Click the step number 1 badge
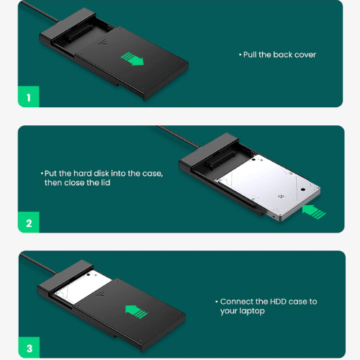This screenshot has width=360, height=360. click(x=28, y=97)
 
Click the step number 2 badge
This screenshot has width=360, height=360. click(x=28, y=222)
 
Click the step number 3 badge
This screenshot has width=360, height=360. click(x=28, y=348)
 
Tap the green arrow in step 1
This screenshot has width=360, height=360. click(x=132, y=58)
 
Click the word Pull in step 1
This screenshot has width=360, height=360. click(x=250, y=55)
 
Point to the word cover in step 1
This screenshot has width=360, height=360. click(x=305, y=55)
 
